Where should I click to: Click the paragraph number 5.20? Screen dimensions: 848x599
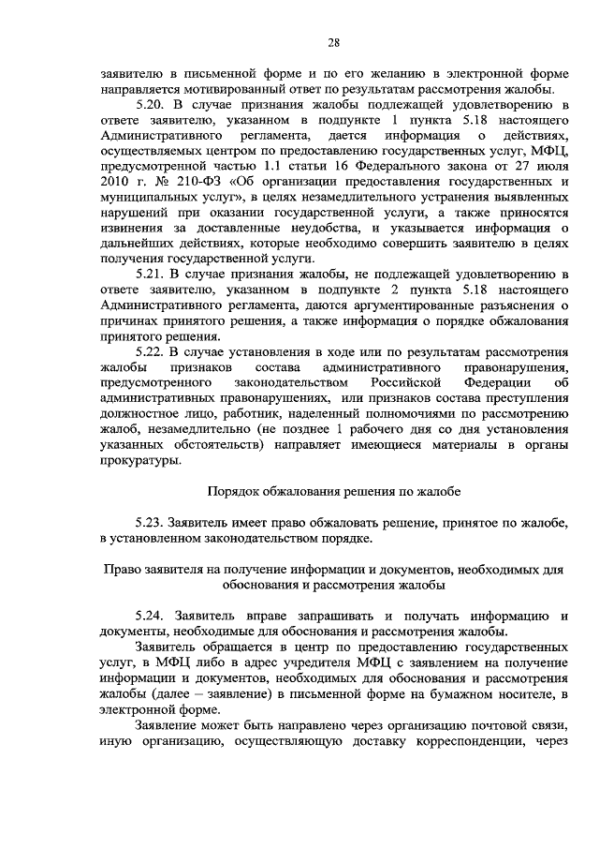click(x=150, y=105)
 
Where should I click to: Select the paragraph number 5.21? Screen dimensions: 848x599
click(x=150, y=274)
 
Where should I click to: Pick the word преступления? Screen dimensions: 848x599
click(x=519, y=398)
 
